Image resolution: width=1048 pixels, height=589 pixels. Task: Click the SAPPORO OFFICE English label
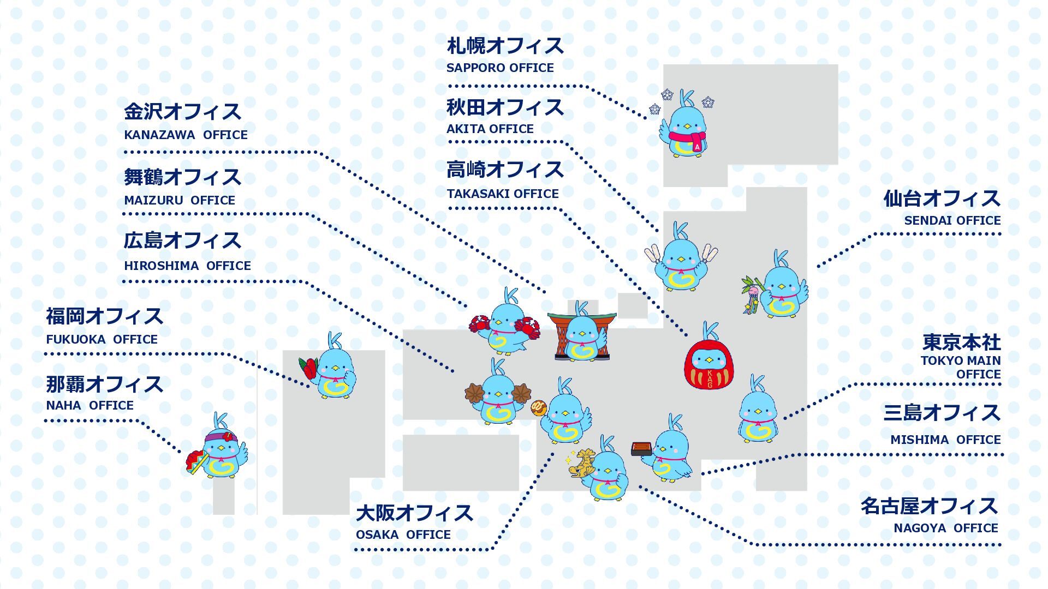500,68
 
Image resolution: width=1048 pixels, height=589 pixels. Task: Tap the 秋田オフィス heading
505,107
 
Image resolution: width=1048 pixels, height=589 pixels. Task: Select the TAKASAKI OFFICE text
503,194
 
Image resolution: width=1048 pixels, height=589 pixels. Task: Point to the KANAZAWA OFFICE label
186,135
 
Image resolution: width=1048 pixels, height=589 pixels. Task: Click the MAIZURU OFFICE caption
180,201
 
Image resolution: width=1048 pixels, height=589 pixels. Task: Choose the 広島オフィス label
182,241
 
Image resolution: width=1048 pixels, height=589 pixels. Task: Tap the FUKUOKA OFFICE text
102,340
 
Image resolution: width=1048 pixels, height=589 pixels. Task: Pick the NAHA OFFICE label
90,406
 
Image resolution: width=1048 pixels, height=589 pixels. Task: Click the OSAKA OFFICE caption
403,535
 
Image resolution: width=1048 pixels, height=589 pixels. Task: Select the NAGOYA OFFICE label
946,528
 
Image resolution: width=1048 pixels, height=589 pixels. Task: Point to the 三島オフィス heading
942,413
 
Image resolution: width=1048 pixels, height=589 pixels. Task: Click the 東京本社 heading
962,342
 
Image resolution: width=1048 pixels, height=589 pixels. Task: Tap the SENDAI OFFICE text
952,221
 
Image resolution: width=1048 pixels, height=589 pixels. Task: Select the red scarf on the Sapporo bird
687,137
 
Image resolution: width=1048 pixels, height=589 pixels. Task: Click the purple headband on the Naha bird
221,437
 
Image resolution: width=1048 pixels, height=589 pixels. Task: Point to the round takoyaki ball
539,407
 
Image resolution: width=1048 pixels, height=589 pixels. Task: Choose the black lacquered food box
642,449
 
